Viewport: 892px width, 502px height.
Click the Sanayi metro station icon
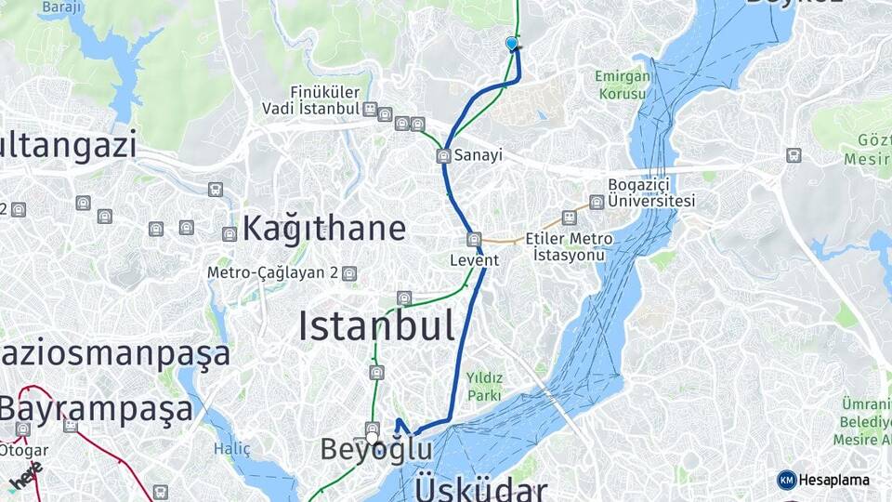point(444,156)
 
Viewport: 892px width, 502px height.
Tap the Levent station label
point(475,260)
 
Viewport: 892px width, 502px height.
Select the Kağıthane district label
point(323,229)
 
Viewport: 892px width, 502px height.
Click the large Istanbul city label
point(376,326)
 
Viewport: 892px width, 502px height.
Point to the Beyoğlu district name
point(376,450)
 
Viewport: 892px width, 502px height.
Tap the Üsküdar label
point(481,487)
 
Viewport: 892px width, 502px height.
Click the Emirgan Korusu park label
point(623,86)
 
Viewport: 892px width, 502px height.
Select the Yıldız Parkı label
point(484,386)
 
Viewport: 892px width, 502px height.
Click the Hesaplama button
point(823,480)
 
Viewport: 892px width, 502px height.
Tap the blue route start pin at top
point(511,44)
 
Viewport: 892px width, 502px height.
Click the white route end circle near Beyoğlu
point(373,438)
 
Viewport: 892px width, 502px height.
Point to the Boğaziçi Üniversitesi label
point(651,192)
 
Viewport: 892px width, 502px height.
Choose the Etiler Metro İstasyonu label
point(569,246)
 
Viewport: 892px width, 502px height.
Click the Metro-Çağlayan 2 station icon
point(348,273)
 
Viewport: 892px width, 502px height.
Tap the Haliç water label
point(226,448)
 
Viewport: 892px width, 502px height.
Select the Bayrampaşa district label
point(96,409)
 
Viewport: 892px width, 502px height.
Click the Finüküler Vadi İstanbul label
point(324,100)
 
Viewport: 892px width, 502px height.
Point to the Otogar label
point(23,450)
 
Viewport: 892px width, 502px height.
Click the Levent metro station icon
point(475,239)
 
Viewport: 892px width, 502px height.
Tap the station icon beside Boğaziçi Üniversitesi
point(597,202)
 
